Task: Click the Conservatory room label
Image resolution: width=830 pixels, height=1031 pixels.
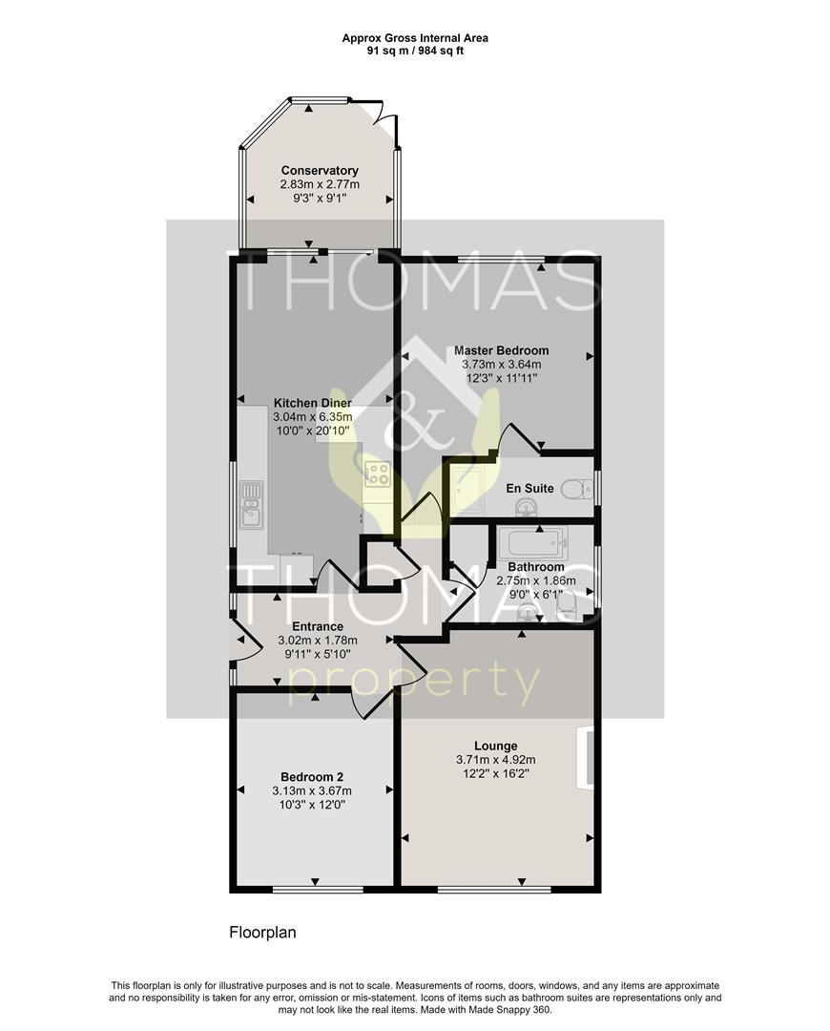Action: tap(320, 171)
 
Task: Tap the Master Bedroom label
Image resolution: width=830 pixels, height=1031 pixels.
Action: tap(501, 350)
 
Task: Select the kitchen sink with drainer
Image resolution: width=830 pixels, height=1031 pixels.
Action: tap(252, 502)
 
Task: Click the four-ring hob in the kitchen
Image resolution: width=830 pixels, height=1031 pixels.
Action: tap(377, 473)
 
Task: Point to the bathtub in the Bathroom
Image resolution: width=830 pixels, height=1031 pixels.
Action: tap(532, 544)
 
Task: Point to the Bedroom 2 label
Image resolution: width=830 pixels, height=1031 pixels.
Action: tap(312, 776)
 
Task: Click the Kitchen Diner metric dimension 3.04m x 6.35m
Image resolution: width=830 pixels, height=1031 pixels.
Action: tap(313, 417)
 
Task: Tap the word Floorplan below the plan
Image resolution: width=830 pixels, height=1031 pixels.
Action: tap(262, 933)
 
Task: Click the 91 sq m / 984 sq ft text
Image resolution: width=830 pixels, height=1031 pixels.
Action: tap(415, 51)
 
